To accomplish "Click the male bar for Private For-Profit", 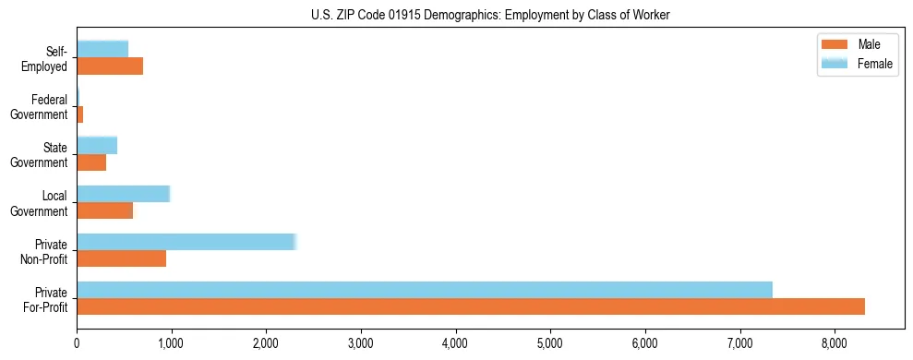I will pyautogui.click(x=471, y=306).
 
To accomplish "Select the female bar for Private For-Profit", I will pyautogui.click(x=425, y=290).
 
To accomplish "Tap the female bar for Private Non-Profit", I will pyautogui.click(x=186, y=242).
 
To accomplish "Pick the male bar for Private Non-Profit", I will pyautogui.click(x=122, y=258).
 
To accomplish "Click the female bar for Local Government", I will pyautogui.click(x=124, y=194).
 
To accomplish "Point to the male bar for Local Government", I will pyautogui.click(x=105, y=210).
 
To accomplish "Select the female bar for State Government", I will pyautogui.click(x=97, y=145).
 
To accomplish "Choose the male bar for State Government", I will pyautogui.click(x=91, y=162).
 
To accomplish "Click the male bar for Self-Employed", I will pyautogui.click(x=110, y=66).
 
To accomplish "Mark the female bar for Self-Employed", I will pyautogui.click(x=102, y=49).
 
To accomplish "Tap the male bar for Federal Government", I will pyautogui.click(x=80, y=114).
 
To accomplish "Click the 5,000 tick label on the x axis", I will pyautogui.click(x=550, y=344).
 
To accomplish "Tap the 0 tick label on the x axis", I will pyautogui.click(x=77, y=344).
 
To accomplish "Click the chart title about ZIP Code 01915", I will pyautogui.click(x=490, y=15).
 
